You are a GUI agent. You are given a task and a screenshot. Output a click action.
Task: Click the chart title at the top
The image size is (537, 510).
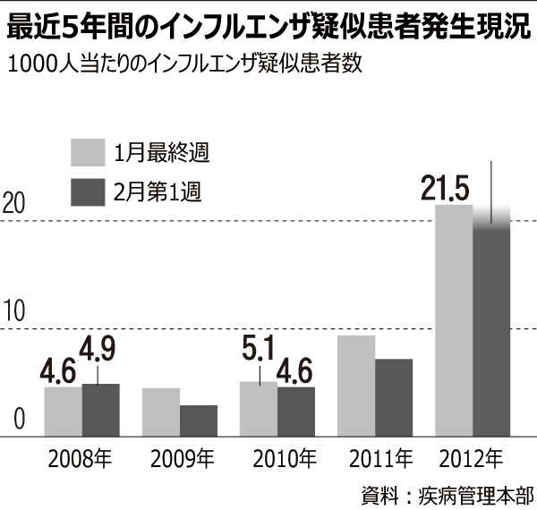coord(268,28)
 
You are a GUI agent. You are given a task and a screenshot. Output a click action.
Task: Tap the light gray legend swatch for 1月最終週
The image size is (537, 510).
coord(89,152)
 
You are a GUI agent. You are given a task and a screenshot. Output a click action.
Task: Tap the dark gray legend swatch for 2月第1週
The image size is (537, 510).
coord(89,192)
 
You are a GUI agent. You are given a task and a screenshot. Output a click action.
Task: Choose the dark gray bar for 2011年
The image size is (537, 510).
coord(393,397)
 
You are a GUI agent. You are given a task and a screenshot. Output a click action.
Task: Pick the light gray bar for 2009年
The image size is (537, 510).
coord(161,412)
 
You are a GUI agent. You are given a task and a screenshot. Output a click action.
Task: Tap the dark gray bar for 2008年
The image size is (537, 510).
coord(100,410)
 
